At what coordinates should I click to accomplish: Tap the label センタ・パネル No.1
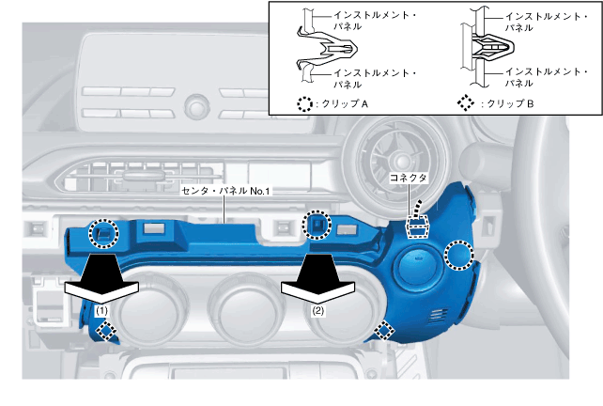tap(225, 191)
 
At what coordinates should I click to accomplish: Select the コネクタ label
tap(408, 178)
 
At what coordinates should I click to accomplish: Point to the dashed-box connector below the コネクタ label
tap(416, 226)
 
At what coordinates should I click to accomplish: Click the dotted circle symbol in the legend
tap(302, 104)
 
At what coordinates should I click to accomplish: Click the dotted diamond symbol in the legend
tap(465, 104)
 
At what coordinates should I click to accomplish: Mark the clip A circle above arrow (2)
tap(317, 226)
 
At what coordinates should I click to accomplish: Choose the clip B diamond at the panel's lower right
tap(384, 328)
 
